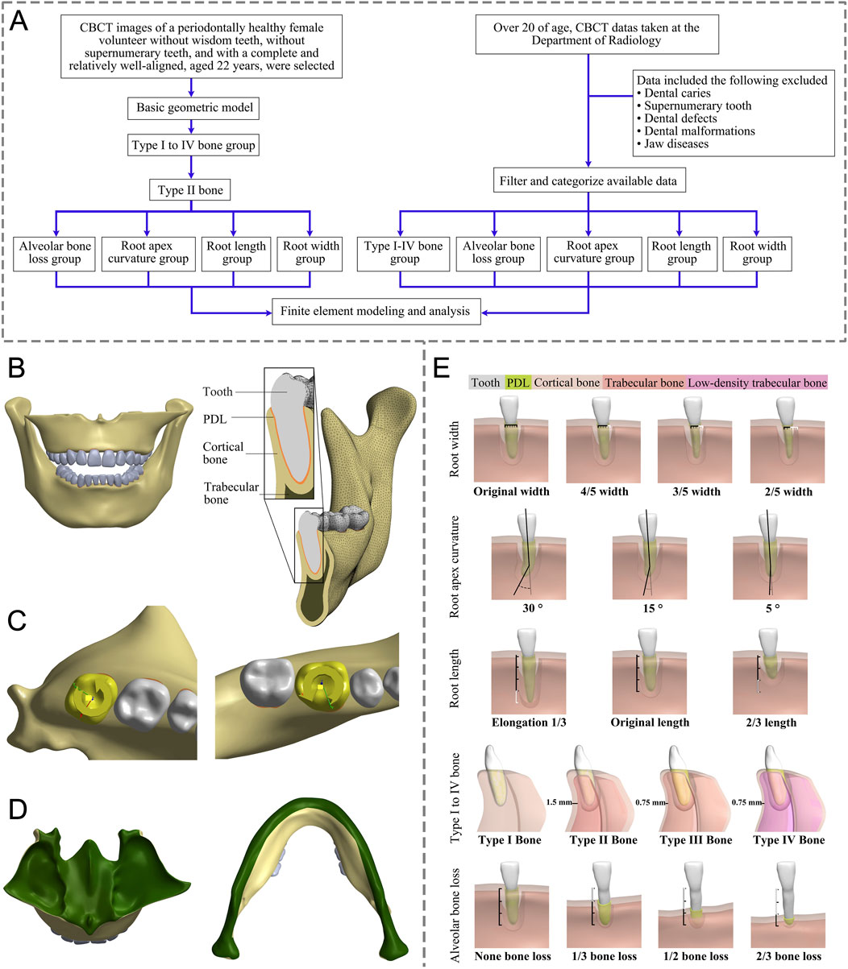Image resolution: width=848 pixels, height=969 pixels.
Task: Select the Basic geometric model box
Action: click(191, 107)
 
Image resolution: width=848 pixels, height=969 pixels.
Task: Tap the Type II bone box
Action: click(191, 190)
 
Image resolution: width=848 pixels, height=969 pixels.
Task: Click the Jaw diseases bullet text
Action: click(675, 143)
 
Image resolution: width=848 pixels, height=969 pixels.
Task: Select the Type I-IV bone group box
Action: click(401, 252)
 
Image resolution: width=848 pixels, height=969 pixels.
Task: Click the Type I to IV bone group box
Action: click(191, 147)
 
